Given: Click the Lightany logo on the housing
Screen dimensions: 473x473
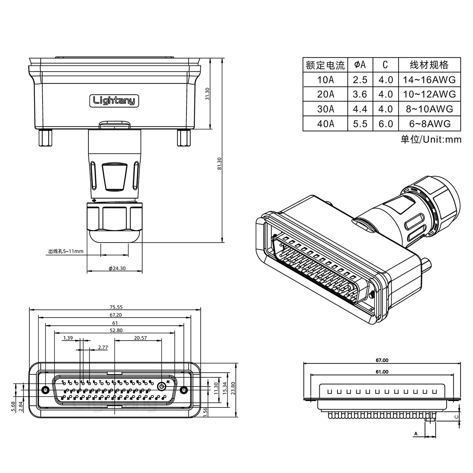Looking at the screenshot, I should [x=114, y=100].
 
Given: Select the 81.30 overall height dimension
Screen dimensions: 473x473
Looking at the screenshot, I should [x=219, y=164].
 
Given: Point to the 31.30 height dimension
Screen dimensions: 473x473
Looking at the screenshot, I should [x=207, y=94].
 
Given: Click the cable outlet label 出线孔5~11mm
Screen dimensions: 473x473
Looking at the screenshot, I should [x=66, y=251].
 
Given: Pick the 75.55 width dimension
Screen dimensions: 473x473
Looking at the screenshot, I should [x=116, y=307].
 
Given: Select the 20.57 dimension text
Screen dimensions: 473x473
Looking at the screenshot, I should [x=140, y=338].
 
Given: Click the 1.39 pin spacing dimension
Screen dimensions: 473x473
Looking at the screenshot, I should [x=68, y=338].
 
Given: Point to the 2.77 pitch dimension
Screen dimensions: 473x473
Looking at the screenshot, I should [x=103, y=347].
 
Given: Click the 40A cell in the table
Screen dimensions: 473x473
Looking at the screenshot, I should [x=325, y=124].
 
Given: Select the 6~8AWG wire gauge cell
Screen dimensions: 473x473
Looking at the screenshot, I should [x=429, y=124].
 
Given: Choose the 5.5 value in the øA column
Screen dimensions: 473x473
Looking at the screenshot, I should [x=360, y=124].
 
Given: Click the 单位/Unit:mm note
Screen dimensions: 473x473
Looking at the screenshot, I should [x=431, y=139].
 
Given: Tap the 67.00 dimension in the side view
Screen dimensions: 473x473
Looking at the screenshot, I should [x=382, y=360].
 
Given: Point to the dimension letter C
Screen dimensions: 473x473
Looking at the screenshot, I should [x=456, y=417].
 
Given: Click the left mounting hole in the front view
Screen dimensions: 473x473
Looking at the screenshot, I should [x=45, y=390].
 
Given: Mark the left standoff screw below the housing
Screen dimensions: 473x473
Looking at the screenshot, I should [x=46, y=138].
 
